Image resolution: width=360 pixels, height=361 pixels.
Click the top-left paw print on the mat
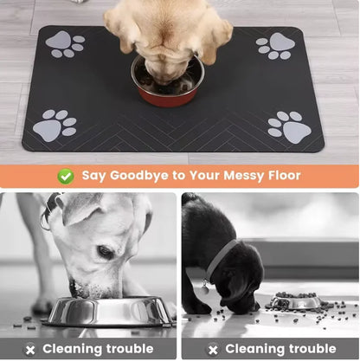64,44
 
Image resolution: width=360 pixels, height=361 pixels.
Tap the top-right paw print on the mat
275,46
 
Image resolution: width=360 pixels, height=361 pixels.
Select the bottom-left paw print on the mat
54,126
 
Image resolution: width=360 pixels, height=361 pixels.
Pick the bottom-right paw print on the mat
290,126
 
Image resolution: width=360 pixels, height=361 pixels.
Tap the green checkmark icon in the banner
65,176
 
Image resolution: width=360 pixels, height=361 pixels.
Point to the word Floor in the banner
281,176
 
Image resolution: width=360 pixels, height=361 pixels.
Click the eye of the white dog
104,252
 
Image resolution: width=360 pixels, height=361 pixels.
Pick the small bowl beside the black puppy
293,301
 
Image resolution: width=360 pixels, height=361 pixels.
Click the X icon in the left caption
30,349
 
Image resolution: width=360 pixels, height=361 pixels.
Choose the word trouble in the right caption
306,349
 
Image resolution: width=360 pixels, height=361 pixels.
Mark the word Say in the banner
94,176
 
